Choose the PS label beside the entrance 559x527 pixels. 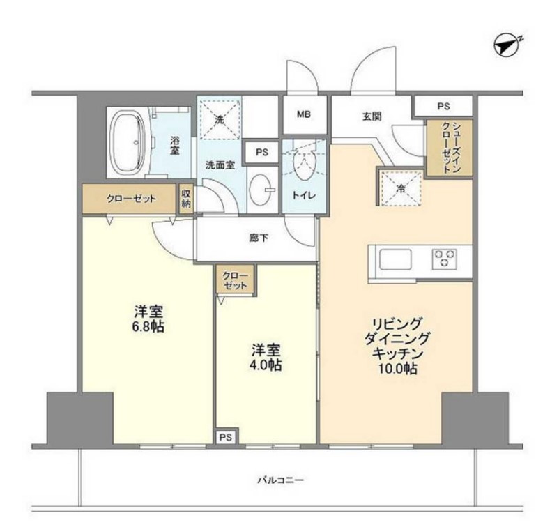443,106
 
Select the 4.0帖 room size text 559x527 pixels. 267,365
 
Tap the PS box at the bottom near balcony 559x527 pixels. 224,437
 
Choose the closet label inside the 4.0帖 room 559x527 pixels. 235,281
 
